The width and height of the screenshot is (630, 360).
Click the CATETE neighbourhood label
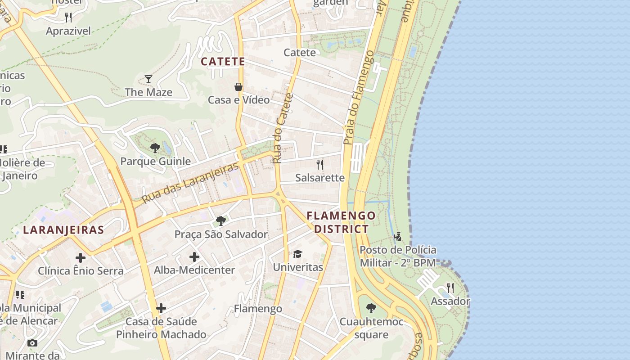tap(223, 62)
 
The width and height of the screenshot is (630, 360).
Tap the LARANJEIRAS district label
tap(63, 230)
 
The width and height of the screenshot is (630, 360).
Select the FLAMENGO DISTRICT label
tap(341, 222)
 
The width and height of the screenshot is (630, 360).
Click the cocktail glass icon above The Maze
tap(148, 80)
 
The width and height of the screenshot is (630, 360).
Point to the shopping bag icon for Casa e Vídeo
tap(238, 87)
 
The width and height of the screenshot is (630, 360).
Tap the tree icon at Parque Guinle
tap(155, 148)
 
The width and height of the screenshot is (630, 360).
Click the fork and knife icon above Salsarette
tap(320, 164)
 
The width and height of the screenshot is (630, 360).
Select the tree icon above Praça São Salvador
tap(220, 221)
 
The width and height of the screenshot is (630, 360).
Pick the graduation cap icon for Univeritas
tap(297, 254)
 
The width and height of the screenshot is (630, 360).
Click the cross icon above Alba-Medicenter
tap(194, 257)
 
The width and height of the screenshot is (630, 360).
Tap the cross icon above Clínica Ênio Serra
tap(81, 258)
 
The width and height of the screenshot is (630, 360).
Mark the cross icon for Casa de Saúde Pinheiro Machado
tap(161, 308)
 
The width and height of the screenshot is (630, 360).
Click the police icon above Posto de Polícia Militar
tap(397, 237)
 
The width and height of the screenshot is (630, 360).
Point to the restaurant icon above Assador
tap(450, 288)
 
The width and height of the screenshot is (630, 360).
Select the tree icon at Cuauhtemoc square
tap(371, 308)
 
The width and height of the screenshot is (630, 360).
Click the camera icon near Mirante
tap(32, 343)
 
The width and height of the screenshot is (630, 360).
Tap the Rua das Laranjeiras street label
tap(190, 183)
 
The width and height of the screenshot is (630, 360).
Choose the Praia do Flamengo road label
tap(358, 98)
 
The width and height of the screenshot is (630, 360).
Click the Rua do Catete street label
tap(283, 128)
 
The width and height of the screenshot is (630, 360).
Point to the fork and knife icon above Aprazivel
tap(68, 18)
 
